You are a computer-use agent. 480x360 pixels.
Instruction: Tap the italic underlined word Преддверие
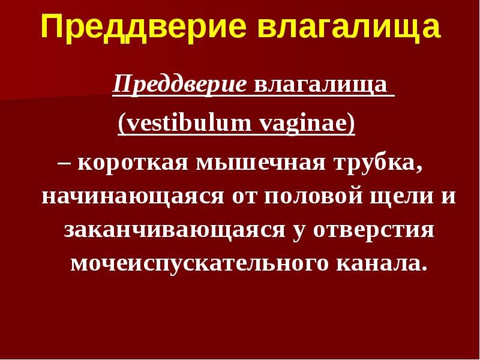[x=181, y=85]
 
